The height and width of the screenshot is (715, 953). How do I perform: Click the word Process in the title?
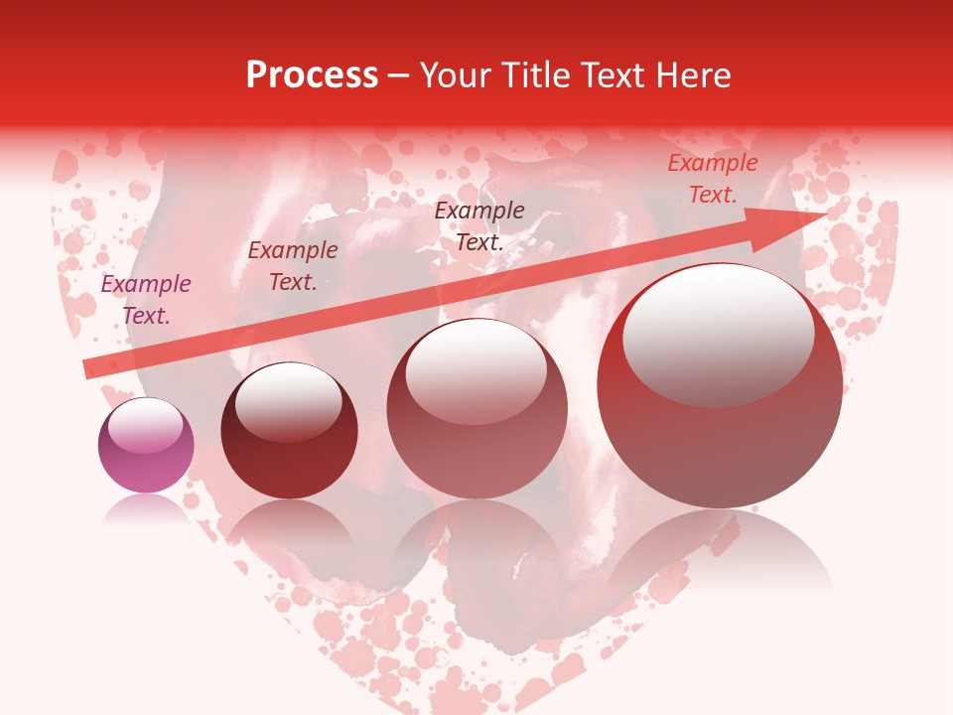(x=312, y=75)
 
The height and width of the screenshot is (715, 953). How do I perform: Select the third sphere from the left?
(x=476, y=409)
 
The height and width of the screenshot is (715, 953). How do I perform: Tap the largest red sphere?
(x=720, y=387)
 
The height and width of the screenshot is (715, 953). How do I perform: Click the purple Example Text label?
(x=146, y=300)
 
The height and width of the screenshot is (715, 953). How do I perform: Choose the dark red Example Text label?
(x=293, y=266)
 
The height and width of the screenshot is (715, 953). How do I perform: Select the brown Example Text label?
(x=479, y=225)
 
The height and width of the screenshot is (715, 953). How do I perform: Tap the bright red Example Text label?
(x=712, y=179)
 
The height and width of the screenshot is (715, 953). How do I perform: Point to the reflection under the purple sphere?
(x=146, y=508)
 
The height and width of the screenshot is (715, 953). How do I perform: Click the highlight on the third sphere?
(x=476, y=372)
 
